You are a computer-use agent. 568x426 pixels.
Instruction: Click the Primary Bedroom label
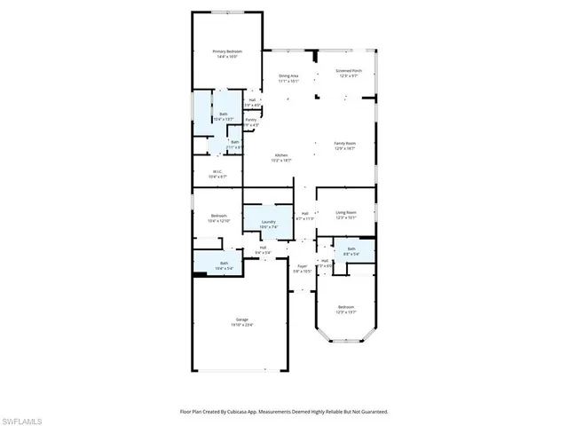click(x=227, y=52)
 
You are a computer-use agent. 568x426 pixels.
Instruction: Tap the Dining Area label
click(x=288, y=76)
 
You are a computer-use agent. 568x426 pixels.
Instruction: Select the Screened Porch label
click(x=350, y=70)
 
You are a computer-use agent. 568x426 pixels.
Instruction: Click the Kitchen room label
click(x=280, y=155)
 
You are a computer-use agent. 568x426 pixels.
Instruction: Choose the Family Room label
click(x=344, y=144)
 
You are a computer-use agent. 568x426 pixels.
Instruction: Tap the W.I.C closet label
click(x=217, y=171)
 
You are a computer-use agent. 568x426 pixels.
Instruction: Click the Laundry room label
click(x=268, y=222)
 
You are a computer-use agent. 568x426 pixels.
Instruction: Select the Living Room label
click(x=345, y=212)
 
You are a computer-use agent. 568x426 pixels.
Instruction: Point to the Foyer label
click(x=302, y=265)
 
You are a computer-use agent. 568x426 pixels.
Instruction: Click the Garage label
click(x=241, y=319)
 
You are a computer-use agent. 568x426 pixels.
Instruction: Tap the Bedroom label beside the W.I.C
click(x=218, y=216)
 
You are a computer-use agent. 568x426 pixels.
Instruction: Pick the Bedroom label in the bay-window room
click(x=345, y=307)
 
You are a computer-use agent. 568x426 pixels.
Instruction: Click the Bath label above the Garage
click(x=224, y=263)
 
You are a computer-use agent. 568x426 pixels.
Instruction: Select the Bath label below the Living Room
click(x=351, y=249)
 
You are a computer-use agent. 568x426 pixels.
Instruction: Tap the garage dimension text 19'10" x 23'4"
click(x=241, y=324)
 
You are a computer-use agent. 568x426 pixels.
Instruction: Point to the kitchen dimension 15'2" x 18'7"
click(x=280, y=161)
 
